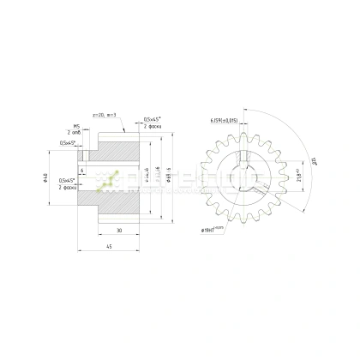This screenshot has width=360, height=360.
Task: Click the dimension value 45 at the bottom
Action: (x=108, y=247)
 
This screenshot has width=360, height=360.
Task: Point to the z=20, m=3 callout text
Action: (x=116, y=113)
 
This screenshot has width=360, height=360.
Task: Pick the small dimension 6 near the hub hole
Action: (x=82, y=171)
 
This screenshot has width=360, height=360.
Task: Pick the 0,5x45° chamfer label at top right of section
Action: (x=153, y=119)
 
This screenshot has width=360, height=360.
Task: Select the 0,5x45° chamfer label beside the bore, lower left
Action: (x=66, y=183)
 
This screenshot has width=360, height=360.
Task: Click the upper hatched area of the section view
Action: (x=116, y=150)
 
